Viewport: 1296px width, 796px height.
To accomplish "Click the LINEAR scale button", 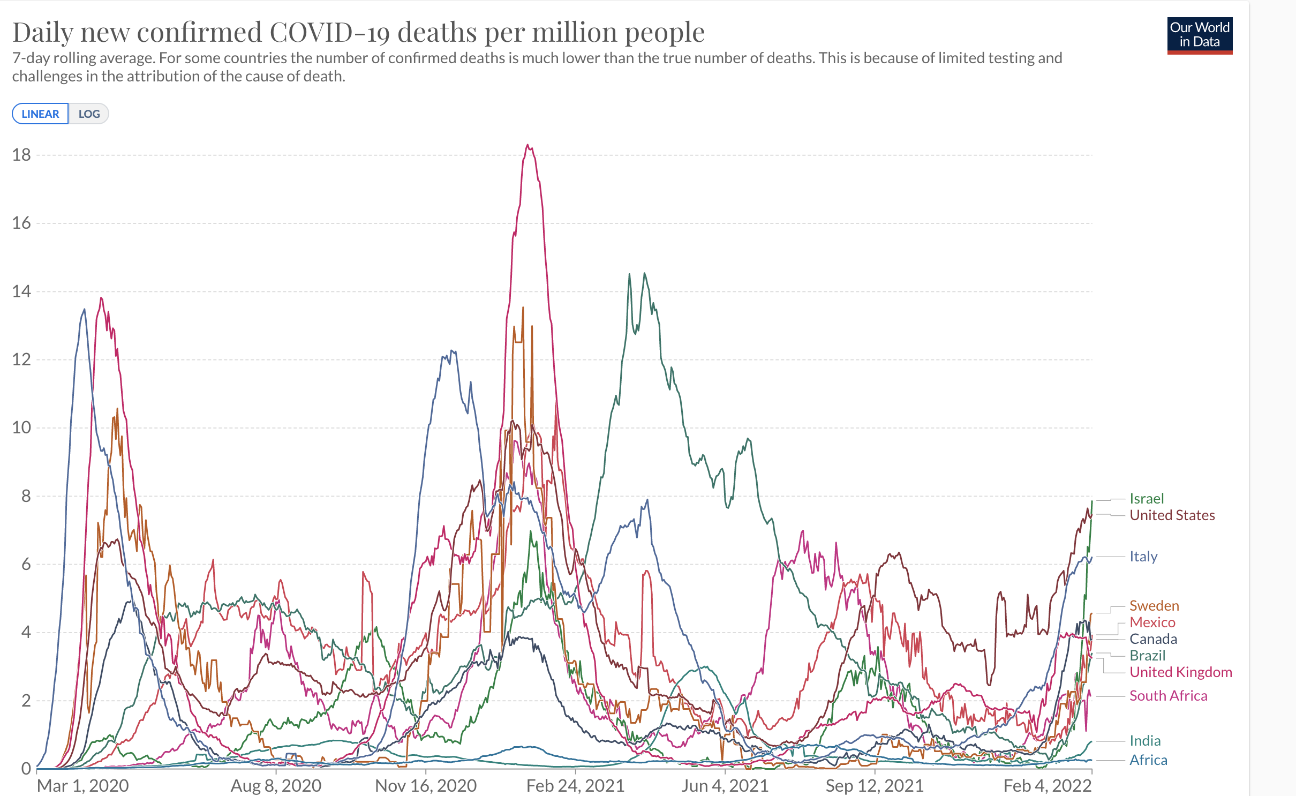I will pyautogui.click(x=40, y=114).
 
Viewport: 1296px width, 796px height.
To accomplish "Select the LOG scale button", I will pyautogui.click(x=89, y=114).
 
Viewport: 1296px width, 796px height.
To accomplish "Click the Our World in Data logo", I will pyautogui.click(x=1199, y=35).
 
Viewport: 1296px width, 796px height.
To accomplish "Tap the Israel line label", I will pyautogui.click(x=1147, y=499).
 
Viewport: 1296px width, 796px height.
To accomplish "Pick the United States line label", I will pyautogui.click(x=1172, y=515).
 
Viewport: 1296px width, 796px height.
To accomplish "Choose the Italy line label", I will pyautogui.click(x=1143, y=557).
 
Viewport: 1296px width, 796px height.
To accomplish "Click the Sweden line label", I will pyautogui.click(x=1154, y=606).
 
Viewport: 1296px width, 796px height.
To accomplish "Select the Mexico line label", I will pyautogui.click(x=1152, y=622).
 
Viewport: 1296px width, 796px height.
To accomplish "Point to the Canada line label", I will pyautogui.click(x=1153, y=639).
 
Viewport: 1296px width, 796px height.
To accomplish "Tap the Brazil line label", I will pyautogui.click(x=1147, y=656).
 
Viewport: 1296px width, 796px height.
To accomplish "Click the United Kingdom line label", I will pyautogui.click(x=1180, y=672).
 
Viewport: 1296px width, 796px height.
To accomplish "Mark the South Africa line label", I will pyautogui.click(x=1168, y=696).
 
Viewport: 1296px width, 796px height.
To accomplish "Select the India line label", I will pyautogui.click(x=1145, y=741).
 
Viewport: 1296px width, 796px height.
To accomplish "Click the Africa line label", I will pyautogui.click(x=1148, y=760).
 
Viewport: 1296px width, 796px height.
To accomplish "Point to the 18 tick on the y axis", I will pyautogui.click(x=21, y=155).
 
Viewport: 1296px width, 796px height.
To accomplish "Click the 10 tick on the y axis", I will pyautogui.click(x=21, y=427).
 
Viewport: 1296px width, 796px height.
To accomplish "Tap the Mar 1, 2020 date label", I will pyautogui.click(x=82, y=786).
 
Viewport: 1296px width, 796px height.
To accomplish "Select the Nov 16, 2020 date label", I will pyautogui.click(x=426, y=786).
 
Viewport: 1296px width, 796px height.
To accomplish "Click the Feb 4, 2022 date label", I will pyautogui.click(x=1047, y=786).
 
